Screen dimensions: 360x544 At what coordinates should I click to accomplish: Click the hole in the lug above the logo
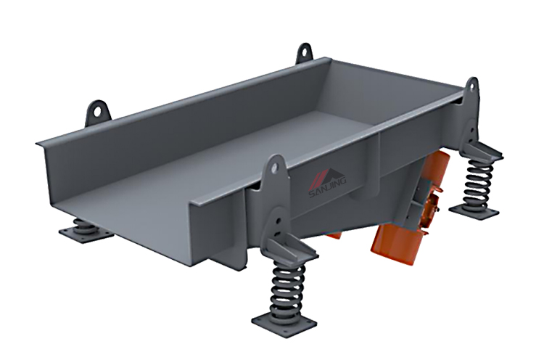click(276, 165)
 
